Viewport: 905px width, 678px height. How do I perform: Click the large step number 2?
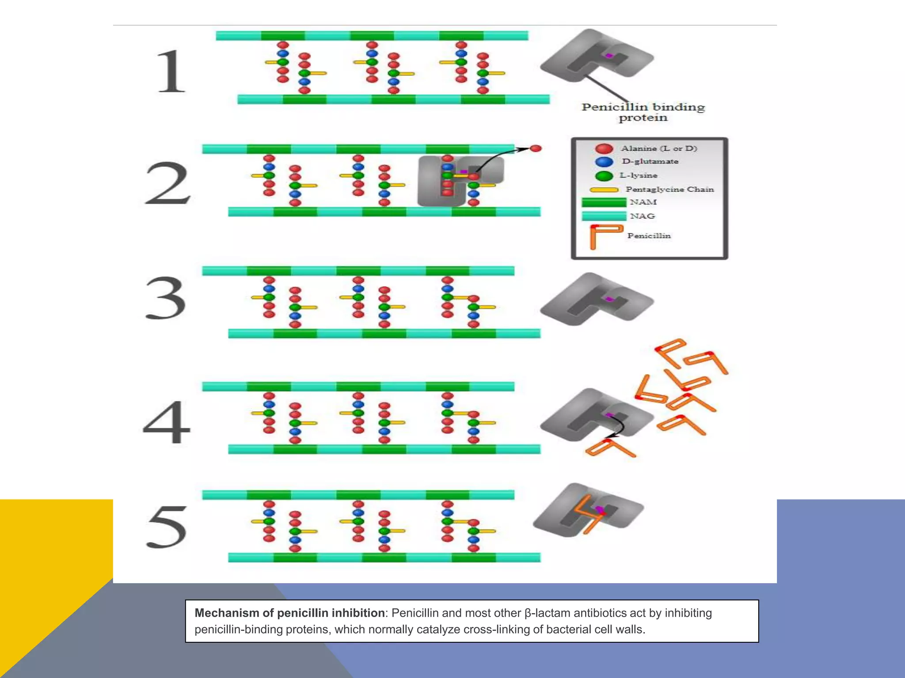pos(167,183)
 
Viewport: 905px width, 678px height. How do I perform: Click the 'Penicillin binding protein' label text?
pos(643,112)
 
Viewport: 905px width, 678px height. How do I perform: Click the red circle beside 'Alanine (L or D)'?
pos(604,149)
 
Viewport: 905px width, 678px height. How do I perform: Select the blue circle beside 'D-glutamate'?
pos(604,162)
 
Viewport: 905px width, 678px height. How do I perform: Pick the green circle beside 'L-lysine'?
pos(604,176)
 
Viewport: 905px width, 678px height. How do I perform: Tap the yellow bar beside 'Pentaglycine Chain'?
pos(604,190)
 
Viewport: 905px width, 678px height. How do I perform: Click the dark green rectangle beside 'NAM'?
pos(604,203)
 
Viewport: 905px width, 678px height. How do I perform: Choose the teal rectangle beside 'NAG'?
pos(604,216)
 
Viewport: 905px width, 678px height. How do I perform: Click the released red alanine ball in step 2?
pos(536,148)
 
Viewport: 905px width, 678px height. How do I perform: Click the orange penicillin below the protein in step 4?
pos(610,448)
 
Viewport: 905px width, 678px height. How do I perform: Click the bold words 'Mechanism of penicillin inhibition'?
pos(289,613)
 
